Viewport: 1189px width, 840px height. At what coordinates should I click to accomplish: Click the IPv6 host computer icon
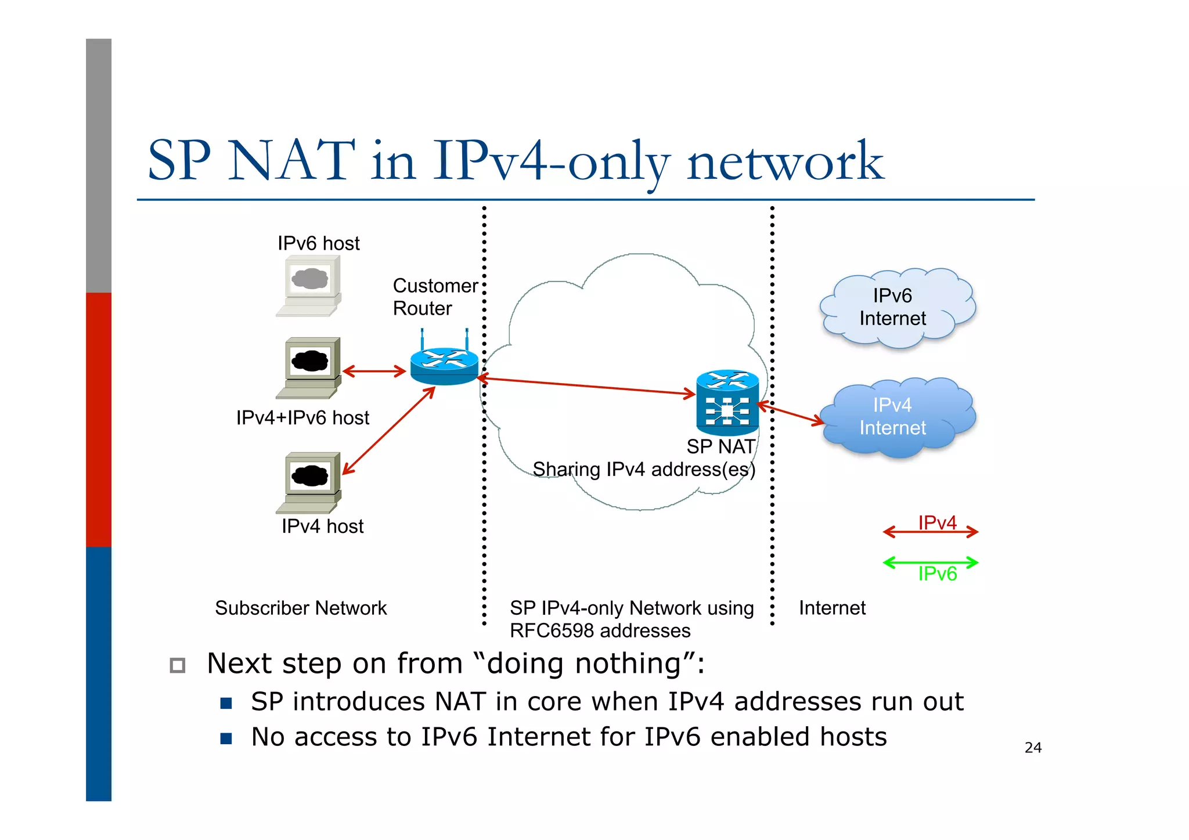pos(309,286)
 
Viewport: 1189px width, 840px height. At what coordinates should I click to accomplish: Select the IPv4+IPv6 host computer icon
pos(309,368)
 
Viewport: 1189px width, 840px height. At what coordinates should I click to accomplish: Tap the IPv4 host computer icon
pos(309,482)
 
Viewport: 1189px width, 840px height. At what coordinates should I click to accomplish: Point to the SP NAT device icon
pos(727,403)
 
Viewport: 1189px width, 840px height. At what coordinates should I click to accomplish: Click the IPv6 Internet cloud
pos(896,308)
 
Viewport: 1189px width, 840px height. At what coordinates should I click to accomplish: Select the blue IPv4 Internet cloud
pos(896,417)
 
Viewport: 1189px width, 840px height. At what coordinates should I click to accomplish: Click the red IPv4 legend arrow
pos(930,531)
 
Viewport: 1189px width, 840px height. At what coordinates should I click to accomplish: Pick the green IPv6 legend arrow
pos(930,562)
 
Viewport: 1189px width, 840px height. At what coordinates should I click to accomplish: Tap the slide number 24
pos(1033,748)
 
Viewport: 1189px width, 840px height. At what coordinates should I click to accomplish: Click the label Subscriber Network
pos(301,608)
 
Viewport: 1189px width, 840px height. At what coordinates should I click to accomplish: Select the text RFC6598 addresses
pos(600,630)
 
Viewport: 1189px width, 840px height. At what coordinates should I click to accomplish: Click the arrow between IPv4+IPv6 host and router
pos(374,371)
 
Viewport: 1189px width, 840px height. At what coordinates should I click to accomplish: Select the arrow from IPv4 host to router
pos(389,431)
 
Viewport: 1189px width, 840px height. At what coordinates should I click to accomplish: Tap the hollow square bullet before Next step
pos(178,665)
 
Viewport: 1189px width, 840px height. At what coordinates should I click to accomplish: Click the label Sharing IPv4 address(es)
pos(643,469)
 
